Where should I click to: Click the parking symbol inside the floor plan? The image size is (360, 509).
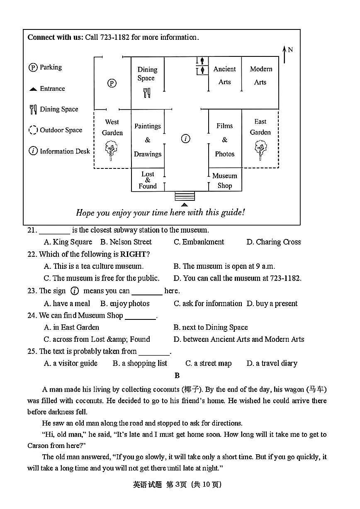tap(112, 83)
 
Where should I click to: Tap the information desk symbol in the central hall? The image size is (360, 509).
tap(185, 139)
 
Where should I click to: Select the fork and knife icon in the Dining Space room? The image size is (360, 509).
tap(147, 93)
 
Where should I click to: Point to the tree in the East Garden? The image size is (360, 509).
tap(260, 149)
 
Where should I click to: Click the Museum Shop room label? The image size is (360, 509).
tap(225, 180)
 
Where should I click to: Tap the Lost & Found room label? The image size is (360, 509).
tap(148, 180)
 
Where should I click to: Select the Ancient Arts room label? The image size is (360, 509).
tap(224, 75)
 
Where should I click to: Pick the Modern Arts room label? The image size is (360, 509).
tap(261, 75)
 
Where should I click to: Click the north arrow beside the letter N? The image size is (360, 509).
tap(284, 54)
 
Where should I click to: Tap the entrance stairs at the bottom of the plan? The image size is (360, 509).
tap(185, 196)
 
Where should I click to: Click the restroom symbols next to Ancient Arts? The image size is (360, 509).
tap(202, 66)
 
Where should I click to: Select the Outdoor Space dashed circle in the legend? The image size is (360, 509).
tap(33, 130)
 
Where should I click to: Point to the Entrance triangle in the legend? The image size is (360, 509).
tap(33, 89)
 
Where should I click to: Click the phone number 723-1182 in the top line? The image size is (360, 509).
tap(115, 37)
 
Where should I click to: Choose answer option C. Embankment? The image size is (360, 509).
tap(199, 242)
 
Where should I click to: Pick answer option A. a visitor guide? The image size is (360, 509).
tap(71, 363)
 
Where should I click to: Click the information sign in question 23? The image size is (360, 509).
tap(75, 291)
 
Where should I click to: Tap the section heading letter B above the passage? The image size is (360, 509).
tap(177, 375)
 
